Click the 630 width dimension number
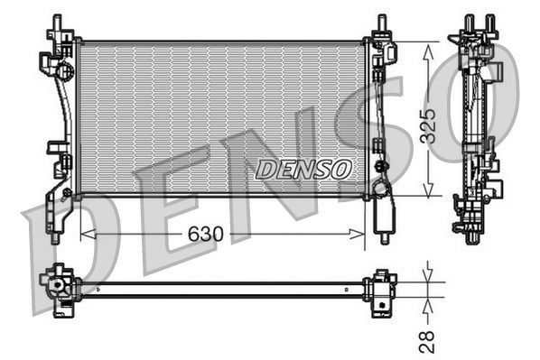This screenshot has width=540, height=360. [207, 235]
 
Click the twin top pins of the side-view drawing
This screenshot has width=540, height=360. [479, 22]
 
